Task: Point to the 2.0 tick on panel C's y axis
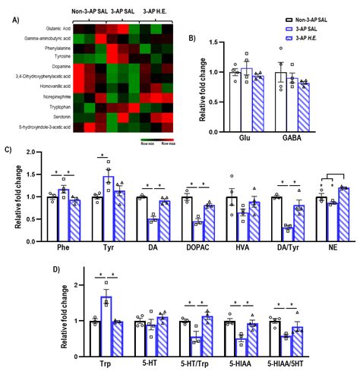(x=33, y=151)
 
